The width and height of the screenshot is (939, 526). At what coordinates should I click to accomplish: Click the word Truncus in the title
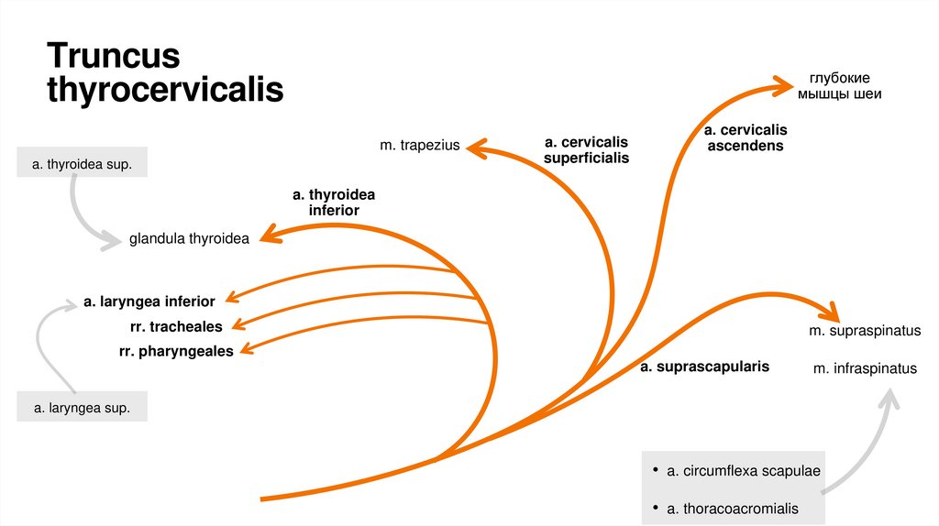[x=114, y=57]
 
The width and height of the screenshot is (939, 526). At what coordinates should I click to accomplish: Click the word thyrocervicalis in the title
[x=165, y=91]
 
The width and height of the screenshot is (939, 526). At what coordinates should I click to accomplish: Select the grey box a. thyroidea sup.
[x=82, y=165]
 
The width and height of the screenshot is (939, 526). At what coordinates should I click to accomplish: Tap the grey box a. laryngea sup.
[x=82, y=406]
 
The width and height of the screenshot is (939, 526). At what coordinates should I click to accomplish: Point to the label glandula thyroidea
[x=188, y=239]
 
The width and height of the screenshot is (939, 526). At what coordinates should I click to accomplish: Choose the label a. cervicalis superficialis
[x=586, y=150]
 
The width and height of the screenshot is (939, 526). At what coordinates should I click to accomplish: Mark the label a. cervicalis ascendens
[x=745, y=137]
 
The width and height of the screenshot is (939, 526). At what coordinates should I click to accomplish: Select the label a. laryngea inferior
[x=149, y=301]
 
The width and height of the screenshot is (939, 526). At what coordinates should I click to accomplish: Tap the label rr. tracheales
[x=176, y=325]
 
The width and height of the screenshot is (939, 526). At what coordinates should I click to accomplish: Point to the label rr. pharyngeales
[x=176, y=350]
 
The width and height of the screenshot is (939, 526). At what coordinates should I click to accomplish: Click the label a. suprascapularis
[x=704, y=367]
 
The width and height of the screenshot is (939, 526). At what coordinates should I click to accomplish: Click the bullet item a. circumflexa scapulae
[x=743, y=471]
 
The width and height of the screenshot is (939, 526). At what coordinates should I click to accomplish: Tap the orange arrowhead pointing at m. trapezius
[x=476, y=146]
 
